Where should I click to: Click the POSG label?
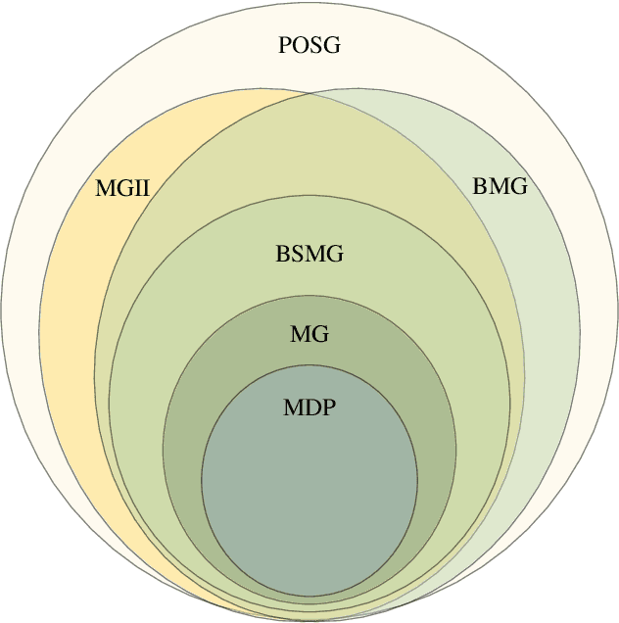pos(309,45)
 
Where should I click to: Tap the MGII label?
pos(121,187)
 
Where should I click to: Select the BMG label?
pos(500,186)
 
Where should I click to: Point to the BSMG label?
pos(309,256)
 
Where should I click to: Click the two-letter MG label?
pos(309,334)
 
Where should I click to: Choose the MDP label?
pos(309,407)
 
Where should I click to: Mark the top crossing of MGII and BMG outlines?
pos(311,95)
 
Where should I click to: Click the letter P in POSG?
pos(286,45)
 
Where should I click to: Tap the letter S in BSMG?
pos(296,256)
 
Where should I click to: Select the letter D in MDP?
pos(310,407)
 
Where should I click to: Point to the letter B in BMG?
pos(480,186)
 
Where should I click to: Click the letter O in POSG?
pos(301,45)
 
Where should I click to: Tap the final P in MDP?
pos(328,407)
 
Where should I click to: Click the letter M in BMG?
pos(498,186)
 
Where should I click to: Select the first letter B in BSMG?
pos(283,256)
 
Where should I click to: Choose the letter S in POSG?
pos(316,45)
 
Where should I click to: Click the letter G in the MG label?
pos(320,334)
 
